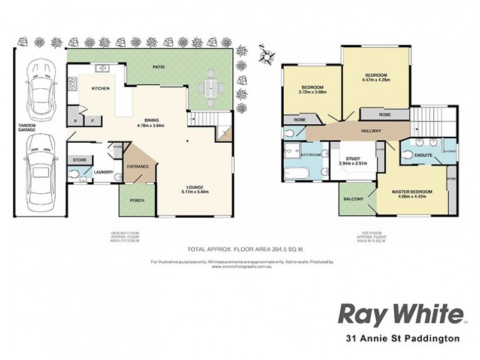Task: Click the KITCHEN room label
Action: coord(100,88)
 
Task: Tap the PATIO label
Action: coord(158,67)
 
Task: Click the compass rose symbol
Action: coord(265,56)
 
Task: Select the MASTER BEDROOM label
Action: coord(412,191)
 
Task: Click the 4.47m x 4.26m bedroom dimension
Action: coord(376,79)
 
